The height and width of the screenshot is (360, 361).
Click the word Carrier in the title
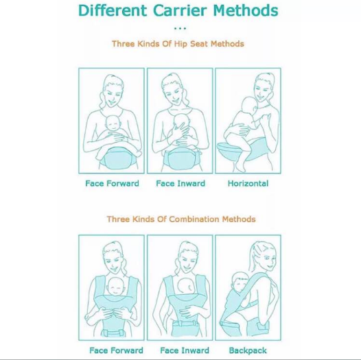pos(180,10)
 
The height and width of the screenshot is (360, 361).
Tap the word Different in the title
pos(113,10)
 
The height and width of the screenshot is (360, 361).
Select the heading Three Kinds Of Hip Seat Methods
pos(178,44)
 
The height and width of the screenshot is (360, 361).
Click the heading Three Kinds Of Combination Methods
pos(181,219)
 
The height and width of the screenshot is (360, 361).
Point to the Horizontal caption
pos(248,183)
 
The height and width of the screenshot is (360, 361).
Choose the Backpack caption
pos(248,350)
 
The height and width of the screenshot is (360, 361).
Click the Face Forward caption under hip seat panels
pos(112,183)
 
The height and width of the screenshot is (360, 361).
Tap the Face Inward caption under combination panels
pos(185,350)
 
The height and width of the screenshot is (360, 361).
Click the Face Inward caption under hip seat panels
pos(180,183)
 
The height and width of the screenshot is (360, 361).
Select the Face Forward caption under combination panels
pos(116,350)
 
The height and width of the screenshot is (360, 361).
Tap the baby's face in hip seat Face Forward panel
pos(113,123)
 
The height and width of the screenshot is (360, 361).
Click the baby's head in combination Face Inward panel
pos(186,287)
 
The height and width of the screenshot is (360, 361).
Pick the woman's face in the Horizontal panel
pos(263,88)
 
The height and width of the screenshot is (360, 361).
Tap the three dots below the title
pos(180,29)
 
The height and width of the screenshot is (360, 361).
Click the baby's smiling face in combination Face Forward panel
pos(117,287)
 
